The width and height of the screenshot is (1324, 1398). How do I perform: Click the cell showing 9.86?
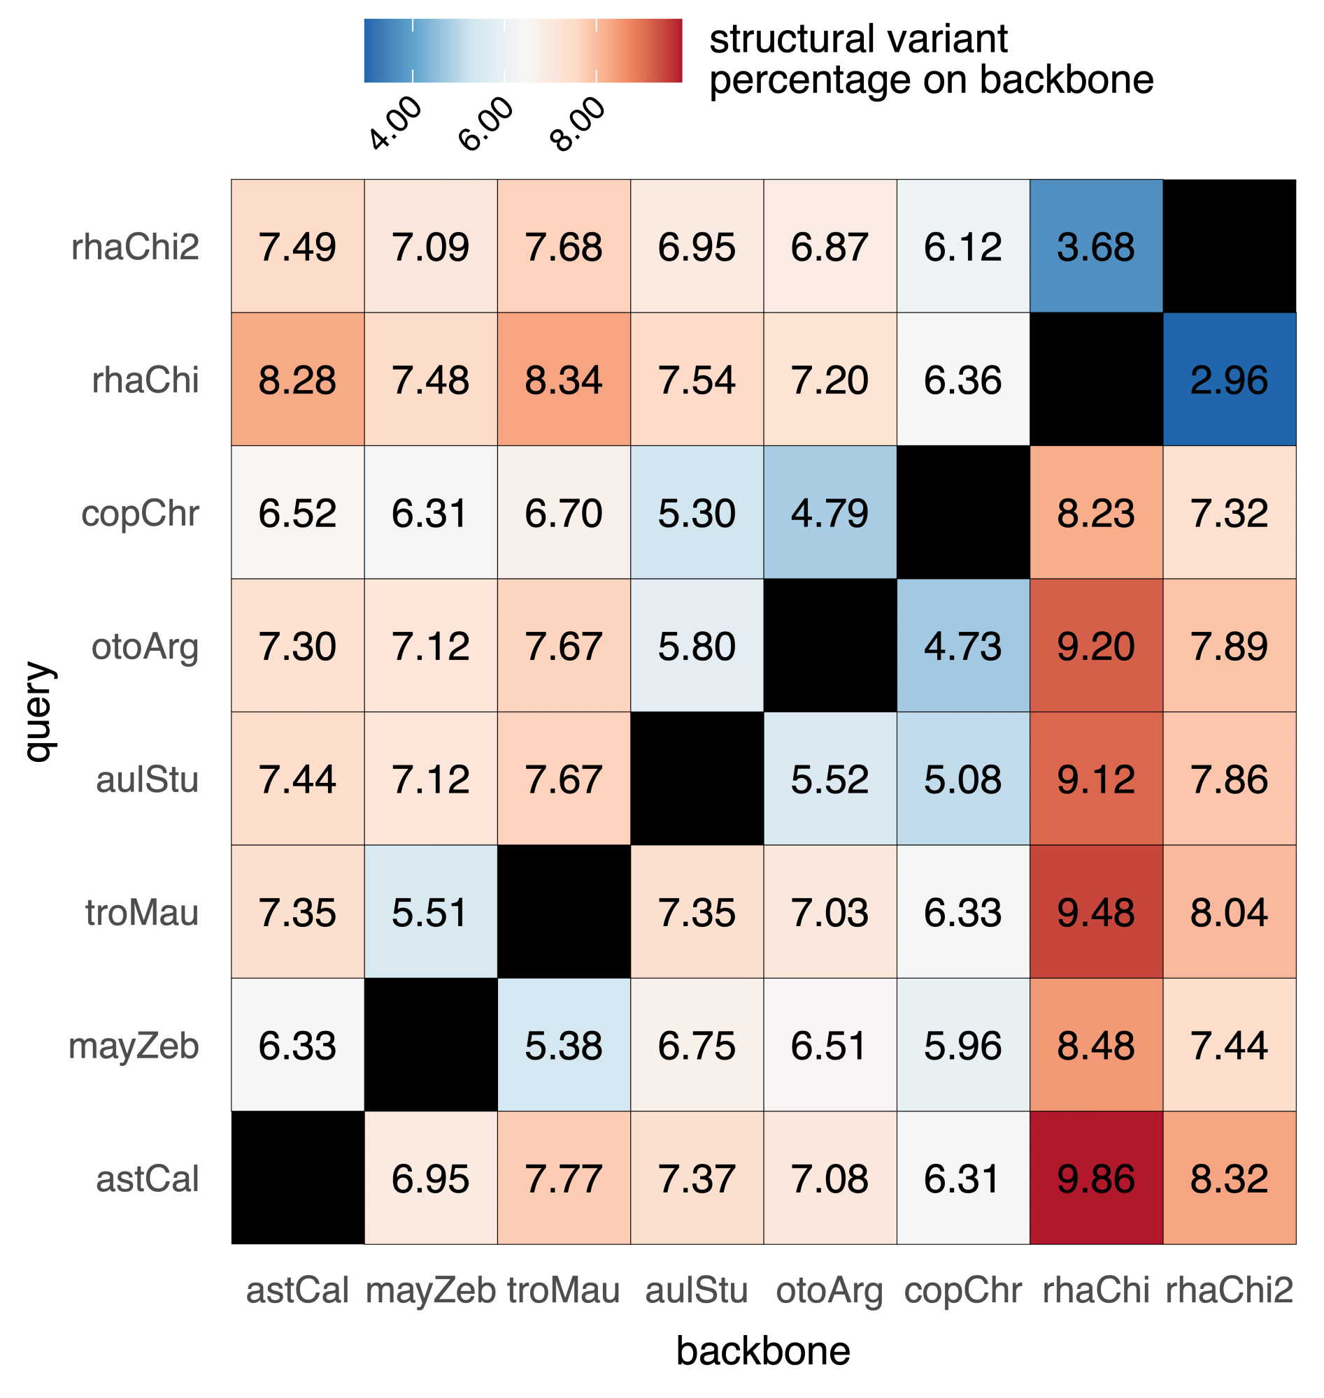(x=1096, y=1178)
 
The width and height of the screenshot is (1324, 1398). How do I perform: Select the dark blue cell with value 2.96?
(x=1229, y=380)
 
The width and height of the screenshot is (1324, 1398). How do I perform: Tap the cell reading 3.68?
(x=1096, y=246)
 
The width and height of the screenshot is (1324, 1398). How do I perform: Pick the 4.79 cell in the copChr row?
(x=830, y=513)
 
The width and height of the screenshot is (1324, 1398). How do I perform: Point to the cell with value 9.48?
(x=1096, y=912)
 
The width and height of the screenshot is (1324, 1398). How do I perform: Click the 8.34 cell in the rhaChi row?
(x=563, y=380)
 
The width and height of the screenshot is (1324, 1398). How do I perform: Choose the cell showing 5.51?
(x=431, y=912)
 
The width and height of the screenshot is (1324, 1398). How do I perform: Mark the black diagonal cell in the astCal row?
(x=297, y=1178)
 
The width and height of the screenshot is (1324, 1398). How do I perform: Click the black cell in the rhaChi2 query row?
(x=1229, y=246)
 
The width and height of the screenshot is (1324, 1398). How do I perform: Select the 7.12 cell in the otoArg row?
(x=431, y=646)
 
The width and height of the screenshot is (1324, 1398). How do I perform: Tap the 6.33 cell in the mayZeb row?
(x=297, y=1045)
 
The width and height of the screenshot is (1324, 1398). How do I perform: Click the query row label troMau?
(x=142, y=913)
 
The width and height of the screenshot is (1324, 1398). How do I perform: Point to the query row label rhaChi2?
(x=135, y=247)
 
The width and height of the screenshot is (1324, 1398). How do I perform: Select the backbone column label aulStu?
(x=697, y=1290)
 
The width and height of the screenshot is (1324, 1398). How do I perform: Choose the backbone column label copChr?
(x=962, y=1290)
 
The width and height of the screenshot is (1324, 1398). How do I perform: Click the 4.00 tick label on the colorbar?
(x=395, y=124)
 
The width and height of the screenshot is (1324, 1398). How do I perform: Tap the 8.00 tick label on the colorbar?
(x=578, y=124)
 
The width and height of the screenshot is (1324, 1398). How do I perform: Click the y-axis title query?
(x=38, y=712)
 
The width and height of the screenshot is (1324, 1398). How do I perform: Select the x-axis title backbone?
(x=763, y=1350)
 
